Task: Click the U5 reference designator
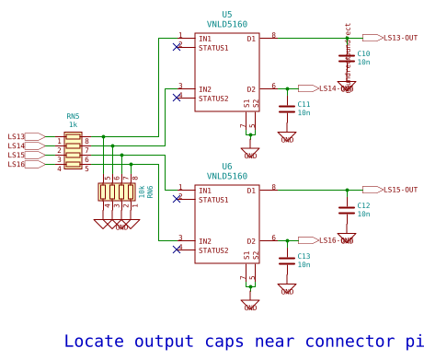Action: point(227,15)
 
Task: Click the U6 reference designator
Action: point(227,167)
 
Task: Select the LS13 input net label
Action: point(17,136)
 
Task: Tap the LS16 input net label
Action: point(17,164)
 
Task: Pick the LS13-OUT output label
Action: point(400,38)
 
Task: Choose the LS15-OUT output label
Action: point(400,190)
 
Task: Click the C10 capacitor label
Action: point(363,53)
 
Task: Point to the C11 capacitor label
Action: point(304,104)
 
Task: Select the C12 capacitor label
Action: point(363,205)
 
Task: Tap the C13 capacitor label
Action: point(304,256)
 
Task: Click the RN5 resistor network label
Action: point(73,116)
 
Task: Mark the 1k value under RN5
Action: point(73,124)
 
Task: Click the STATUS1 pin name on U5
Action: point(213,48)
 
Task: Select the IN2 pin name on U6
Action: point(205,241)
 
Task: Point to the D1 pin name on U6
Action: point(251,191)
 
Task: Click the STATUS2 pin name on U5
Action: point(213,99)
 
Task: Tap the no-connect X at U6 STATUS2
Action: point(177,248)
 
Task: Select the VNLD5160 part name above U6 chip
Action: point(227,176)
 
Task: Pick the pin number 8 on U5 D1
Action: point(273,35)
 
